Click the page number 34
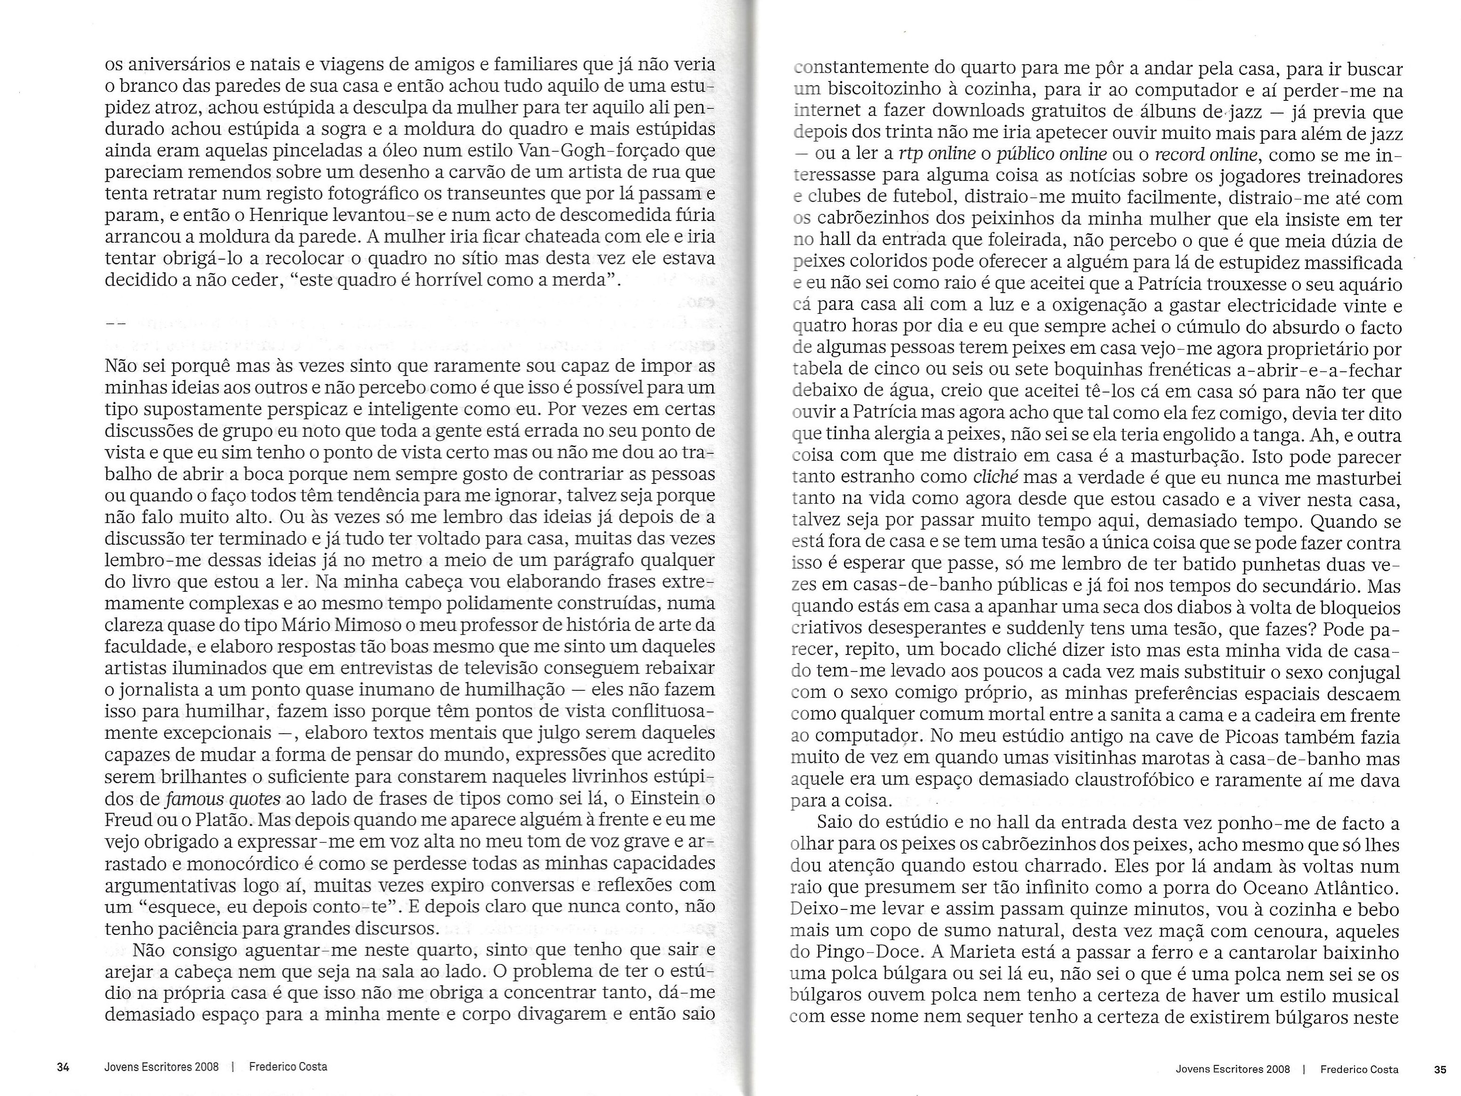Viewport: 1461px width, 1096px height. point(64,1067)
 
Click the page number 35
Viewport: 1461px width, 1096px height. point(1440,1069)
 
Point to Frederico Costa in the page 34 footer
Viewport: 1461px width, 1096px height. point(288,1067)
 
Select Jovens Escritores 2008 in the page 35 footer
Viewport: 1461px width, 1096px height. point(1233,1069)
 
